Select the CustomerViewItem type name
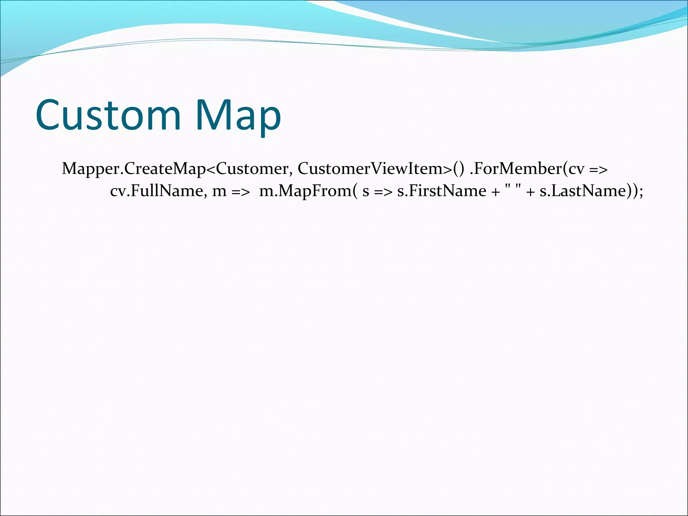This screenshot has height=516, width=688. pyautogui.click(x=373, y=169)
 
